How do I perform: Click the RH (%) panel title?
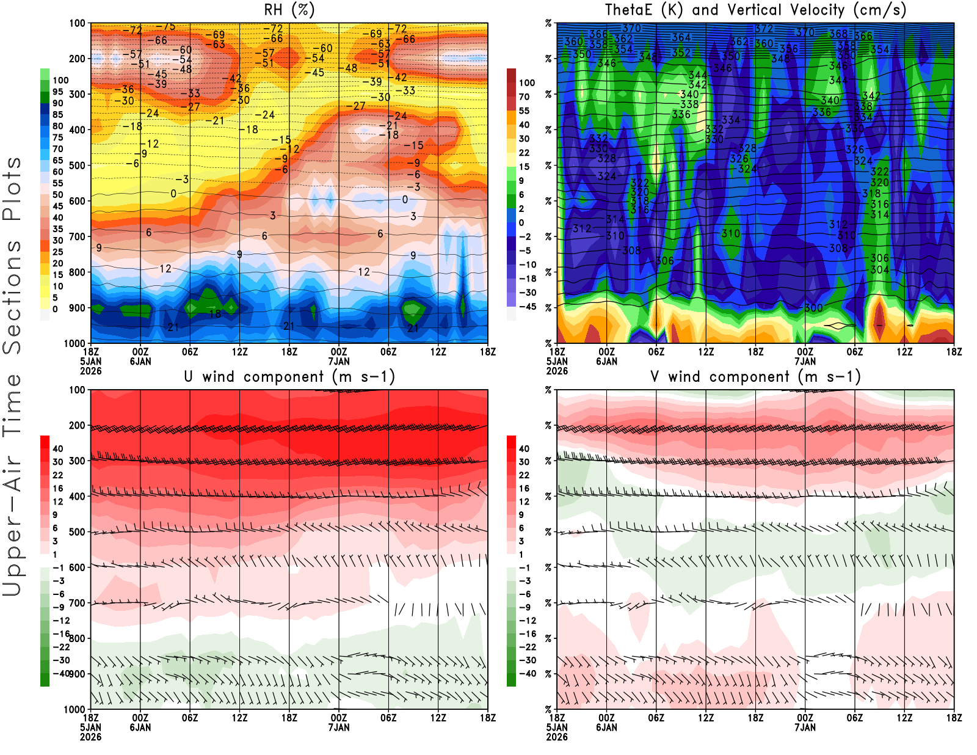click(x=289, y=10)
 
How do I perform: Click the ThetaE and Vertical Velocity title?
click(x=755, y=10)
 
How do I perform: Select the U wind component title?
click(x=289, y=377)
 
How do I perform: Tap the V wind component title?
click(x=755, y=377)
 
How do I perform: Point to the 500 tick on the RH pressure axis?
click(x=77, y=166)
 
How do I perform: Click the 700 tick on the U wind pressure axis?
click(x=77, y=604)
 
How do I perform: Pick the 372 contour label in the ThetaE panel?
click(x=764, y=29)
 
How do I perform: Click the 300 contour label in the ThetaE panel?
click(x=813, y=308)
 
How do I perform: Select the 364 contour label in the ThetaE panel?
click(x=681, y=37)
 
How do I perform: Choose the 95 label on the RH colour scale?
click(x=57, y=92)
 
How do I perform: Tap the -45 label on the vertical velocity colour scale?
click(x=527, y=307)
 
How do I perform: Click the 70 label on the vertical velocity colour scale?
click(x=524, y=97)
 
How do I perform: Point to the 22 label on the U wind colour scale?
click(x=57, y=475)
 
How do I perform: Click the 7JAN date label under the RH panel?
click(x=339, y=361)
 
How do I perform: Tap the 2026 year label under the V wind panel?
click(x=557, y=737)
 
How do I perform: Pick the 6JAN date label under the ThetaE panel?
click(x=606, y=361)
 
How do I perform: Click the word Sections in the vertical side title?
click(x=12, y=297)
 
